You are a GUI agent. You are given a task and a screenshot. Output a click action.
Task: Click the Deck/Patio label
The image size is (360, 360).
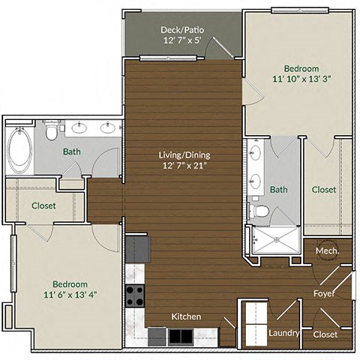click(x=183, y=30)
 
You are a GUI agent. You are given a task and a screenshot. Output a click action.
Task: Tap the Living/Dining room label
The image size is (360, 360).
click(x=184, y=155)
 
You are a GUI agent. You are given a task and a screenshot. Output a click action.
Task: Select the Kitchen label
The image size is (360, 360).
click(x=186, y=316)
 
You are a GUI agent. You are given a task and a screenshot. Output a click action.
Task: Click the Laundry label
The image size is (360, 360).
click(x=284, y=332)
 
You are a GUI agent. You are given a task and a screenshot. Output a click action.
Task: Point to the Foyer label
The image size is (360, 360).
click(x=324, y=294)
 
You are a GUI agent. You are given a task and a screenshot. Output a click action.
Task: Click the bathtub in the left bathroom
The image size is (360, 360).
click(x=19, y=149)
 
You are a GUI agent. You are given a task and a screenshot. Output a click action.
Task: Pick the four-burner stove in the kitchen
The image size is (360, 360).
click(x=135, y=296)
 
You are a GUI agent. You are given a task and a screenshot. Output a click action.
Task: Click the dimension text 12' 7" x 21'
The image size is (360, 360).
click(x=184, y=166)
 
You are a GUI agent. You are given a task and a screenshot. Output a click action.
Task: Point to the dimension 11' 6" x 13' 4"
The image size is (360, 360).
click(x=70, y=295)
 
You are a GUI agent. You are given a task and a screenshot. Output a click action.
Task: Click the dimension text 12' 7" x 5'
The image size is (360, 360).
click(x=183, y=41)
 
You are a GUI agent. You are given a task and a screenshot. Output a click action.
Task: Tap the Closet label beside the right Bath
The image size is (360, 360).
click(x=324, y=190)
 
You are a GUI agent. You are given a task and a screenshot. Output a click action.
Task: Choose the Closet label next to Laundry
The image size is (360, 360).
click(x=325, y=334)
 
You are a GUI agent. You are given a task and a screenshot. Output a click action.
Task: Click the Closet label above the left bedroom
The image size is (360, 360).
click(x=43, y=205)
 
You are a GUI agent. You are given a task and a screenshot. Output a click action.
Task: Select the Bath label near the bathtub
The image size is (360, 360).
click(x=72, y=151)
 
